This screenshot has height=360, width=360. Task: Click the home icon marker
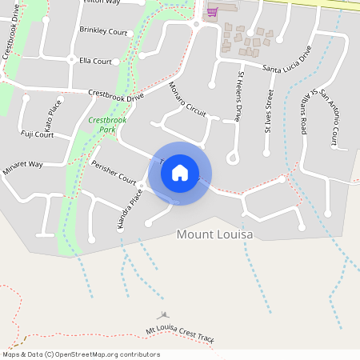[180, 173]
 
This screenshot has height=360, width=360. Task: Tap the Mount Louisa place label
[214, 234]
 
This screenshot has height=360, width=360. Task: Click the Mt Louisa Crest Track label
[180, 335]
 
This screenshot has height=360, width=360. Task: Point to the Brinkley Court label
[104, 31]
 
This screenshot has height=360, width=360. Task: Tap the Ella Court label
[95, 61]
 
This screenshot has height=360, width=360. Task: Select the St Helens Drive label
[240, 96]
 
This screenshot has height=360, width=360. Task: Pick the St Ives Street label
[270, 111]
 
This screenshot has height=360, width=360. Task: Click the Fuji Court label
[38, 134]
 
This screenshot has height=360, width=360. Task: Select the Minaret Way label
[22, 165]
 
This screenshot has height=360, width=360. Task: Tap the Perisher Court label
[114, 170]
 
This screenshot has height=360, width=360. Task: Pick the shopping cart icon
[212, 12]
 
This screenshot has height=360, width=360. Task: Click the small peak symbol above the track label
[164, 315]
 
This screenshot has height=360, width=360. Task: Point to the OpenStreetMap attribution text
[81, 354]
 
